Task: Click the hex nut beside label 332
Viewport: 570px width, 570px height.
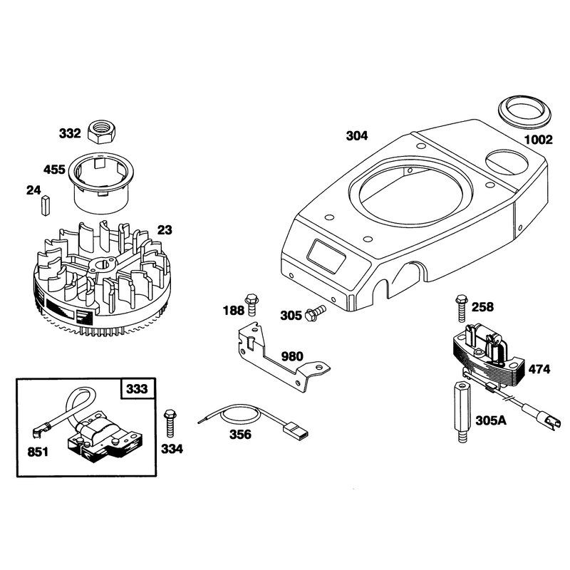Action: coord(102,132)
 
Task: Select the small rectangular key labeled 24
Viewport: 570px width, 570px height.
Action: coord(45,206)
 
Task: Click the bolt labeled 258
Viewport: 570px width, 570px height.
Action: coord(461,309)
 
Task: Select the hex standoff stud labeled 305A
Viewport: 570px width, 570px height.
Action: coord(461,412)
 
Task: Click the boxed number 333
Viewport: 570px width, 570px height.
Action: coord(137,389)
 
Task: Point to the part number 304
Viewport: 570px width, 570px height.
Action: coord(357,136)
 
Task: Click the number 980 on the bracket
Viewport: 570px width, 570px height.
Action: coord(292,356)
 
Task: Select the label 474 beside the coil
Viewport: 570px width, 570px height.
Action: coord(539,369)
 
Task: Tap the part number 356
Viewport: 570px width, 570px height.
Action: coord(240,435)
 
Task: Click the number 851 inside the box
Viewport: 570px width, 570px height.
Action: coord(38,452)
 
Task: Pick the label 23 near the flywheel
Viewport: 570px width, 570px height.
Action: coord(165,230)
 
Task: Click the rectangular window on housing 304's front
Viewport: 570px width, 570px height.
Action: coord(326,256)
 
